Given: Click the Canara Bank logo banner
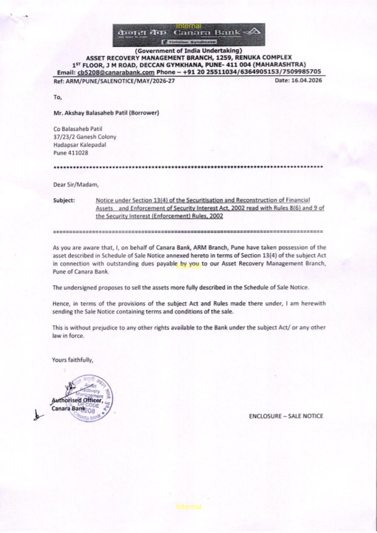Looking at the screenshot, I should click(188, 35).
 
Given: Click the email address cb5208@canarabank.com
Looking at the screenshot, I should click(116, 72).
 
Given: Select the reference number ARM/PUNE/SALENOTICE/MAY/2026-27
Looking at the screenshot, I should click(120, 81).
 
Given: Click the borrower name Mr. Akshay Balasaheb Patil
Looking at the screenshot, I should click(106, 113).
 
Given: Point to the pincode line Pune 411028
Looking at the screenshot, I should click(70, 153).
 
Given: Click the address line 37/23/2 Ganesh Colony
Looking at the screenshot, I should click(84, 137).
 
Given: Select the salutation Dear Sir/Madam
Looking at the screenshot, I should click(76, 185).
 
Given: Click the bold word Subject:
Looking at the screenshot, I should click(64, 200).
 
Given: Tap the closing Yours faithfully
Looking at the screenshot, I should click(72, 360).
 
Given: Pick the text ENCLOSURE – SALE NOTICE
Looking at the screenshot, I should click(286, 416).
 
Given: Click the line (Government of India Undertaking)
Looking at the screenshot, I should click(188, 50).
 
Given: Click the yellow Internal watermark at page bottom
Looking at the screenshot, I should click(188, 507).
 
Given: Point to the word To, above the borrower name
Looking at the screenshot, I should click(57, 97).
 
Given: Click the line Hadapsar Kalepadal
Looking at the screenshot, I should click(80, 145).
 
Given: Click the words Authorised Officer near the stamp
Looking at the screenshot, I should click(77, 400).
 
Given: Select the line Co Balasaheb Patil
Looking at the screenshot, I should click(78, 129).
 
